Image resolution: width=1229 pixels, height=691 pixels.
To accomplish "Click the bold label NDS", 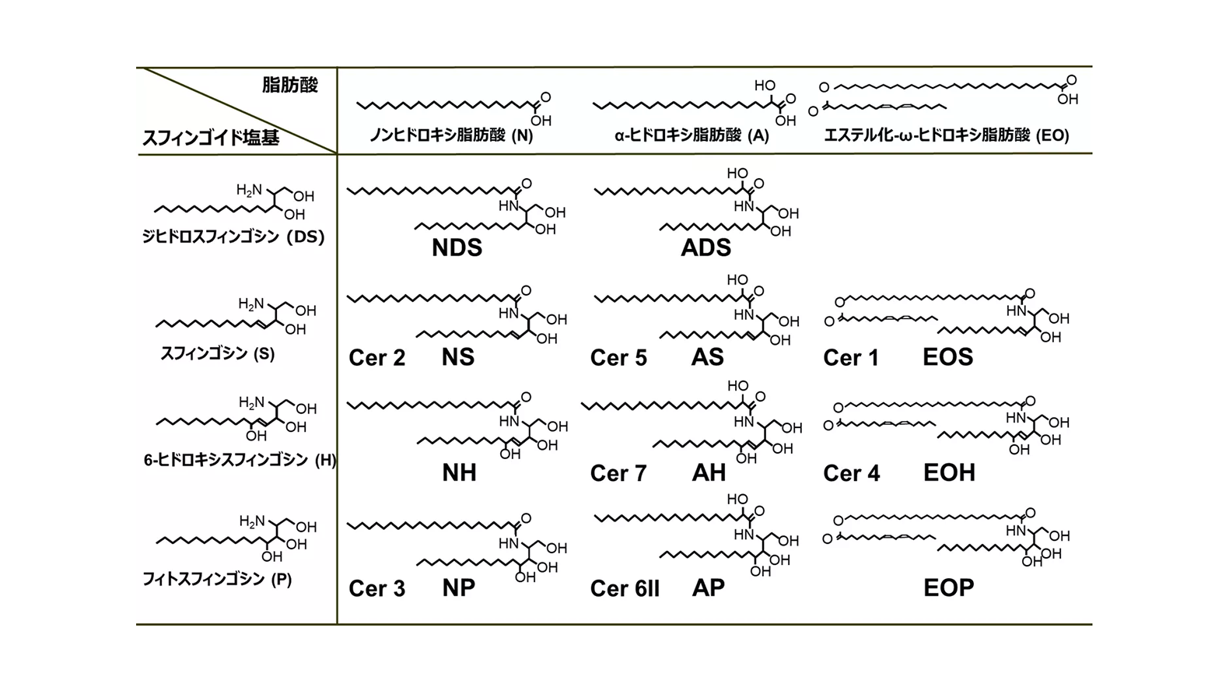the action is (x=457, y=247).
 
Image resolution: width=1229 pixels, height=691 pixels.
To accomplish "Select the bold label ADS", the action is (x=706, y=247).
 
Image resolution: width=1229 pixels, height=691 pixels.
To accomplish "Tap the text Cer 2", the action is (x=377, y=358).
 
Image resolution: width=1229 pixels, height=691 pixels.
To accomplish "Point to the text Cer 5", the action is (x=618, y=358).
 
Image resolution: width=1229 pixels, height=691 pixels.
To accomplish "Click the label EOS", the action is (x=948, y=357).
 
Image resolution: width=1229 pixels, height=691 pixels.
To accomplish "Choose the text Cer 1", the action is (x=851, y=358).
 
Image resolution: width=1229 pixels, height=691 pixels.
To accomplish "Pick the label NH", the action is (x=459, y=472).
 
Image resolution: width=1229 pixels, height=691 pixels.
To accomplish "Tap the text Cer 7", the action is (x=618, y=473).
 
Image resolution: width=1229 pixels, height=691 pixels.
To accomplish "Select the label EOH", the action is (x=949, y=472).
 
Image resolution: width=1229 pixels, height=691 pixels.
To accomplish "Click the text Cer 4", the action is (x=852, y=473).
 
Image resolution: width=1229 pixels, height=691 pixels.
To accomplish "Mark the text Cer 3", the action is (x=377, y=588).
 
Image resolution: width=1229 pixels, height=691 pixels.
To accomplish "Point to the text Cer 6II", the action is (x=625, y=588).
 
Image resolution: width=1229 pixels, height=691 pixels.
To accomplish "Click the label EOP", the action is (x=949, y=588).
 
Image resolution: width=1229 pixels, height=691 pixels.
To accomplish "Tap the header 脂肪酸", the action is (x=290, y=85).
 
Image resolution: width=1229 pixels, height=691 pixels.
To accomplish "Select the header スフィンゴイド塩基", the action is (x=212, y=137).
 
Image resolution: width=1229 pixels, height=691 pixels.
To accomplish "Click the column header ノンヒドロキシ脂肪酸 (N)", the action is (x=452, y=135).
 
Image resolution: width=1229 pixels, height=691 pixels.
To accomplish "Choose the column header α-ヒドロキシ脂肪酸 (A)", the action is (x=692, y=135).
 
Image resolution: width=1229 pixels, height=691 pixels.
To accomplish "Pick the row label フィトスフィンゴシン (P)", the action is (x=217, y=579).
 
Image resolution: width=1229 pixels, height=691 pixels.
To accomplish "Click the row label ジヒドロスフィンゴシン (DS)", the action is (x=233, y=237).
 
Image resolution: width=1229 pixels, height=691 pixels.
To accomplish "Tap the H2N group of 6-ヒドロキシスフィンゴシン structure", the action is (x=251, y=403).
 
